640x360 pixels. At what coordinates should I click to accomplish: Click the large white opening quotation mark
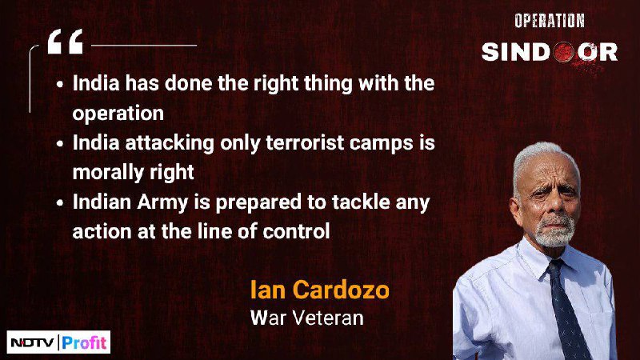66,42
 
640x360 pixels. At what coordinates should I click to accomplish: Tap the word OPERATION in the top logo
550,21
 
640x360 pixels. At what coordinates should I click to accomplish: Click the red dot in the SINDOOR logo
564,52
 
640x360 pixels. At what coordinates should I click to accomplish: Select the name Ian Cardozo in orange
319,290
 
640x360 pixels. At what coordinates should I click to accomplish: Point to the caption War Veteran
307,318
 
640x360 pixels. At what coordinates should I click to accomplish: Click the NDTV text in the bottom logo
32,342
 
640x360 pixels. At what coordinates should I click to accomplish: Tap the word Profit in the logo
84,342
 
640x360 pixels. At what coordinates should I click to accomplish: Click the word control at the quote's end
296,231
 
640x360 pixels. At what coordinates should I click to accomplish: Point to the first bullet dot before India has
60,85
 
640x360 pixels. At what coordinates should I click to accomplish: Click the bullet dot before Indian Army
60,203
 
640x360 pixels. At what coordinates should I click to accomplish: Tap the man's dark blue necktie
566,310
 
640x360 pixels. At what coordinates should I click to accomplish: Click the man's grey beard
554,231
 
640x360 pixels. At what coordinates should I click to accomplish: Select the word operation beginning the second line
118,114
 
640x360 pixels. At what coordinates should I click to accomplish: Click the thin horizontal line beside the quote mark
144,46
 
